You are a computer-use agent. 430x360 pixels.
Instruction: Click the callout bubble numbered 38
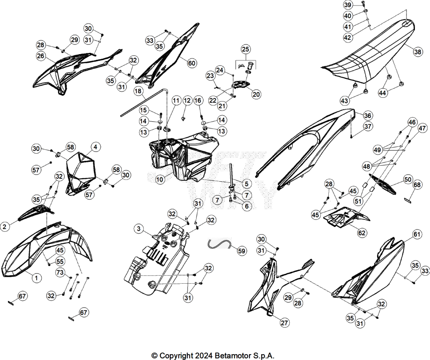click(x=418, y=52)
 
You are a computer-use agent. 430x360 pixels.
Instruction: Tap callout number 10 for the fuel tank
click(x=160, y=180)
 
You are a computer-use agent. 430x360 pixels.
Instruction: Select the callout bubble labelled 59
click(x=241, y=251)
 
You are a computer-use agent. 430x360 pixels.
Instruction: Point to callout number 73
click(x=60, y=272)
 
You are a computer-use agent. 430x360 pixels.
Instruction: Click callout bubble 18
click(x=138, y=91)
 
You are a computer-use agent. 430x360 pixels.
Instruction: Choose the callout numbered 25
click(x=245, y=49)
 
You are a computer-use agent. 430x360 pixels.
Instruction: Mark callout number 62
click(x=362, y=232)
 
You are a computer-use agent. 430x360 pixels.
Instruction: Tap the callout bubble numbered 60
click(x=191, y=63)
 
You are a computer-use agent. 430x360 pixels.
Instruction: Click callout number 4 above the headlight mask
click(x=95, y=147)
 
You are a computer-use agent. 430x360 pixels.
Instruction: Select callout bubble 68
click(x=417, y=185)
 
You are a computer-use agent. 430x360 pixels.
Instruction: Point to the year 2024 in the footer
click(x=204, y=355)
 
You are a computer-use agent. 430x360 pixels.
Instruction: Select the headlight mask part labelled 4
click(x=81, y=172)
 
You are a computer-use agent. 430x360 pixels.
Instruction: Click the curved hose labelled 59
click(x=219, y=243)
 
